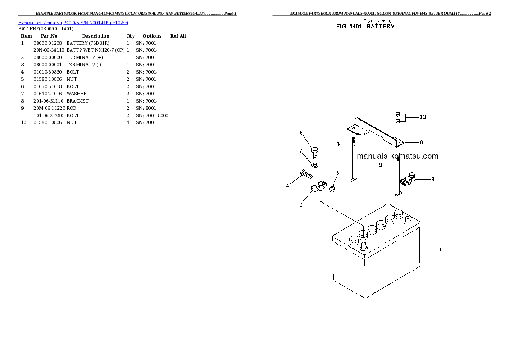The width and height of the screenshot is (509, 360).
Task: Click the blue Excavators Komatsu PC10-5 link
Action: point(73,22)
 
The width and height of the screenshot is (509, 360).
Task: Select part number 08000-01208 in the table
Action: point(47,43)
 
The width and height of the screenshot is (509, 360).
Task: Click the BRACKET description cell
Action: point(77,101)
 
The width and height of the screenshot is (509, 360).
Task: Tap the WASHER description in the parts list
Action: point(77,94)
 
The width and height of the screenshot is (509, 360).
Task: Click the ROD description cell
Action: point(71,108)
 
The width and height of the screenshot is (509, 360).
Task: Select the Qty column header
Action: point(130,36)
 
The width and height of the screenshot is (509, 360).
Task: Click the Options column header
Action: point(152,36)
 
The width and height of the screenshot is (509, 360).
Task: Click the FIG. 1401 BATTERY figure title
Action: point(365,27)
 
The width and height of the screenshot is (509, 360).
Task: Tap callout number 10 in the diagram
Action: point(423,117)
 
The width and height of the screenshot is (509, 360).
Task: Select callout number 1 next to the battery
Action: point(440,250)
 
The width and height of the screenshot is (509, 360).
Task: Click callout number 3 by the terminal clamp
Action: point(433,179)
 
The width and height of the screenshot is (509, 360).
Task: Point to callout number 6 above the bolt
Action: point(301,133)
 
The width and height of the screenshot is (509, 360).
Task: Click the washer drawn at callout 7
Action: point(315,165)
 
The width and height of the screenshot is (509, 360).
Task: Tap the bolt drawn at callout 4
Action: point(306,174)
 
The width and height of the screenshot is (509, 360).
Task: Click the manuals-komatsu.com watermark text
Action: point(397,156)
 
